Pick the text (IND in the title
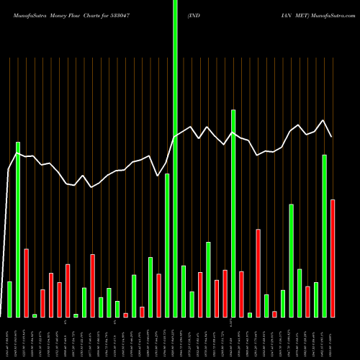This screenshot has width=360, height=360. click(x=194, y=14)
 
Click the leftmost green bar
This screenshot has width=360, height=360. click(x=9, y=299)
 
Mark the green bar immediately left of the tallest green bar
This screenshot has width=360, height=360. click(x=167, y=245)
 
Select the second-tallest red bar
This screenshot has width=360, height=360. click(x=258, y=273)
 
